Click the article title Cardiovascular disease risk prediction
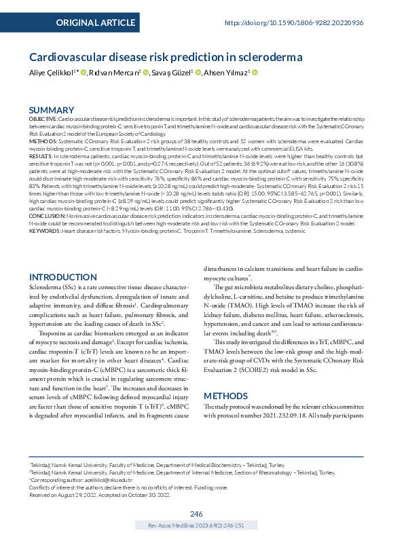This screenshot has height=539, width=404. point(170,58)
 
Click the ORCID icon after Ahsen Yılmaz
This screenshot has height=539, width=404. point(255,73)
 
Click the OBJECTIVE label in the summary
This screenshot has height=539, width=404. point(42,118)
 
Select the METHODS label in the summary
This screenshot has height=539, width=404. point(41,141)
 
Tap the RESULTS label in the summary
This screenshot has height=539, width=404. point(40,155)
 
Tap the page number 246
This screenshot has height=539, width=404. point(197,514)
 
